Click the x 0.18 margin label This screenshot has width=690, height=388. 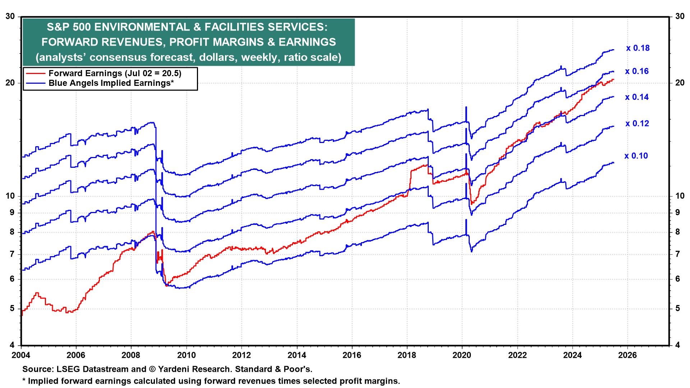point(638,48)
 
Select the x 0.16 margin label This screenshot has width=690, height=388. point(637,71)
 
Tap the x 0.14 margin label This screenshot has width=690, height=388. point(637,97)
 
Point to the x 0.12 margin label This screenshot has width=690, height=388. point(637,124)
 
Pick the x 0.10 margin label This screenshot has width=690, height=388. point(636,156)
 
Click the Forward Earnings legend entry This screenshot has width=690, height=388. point(115,73)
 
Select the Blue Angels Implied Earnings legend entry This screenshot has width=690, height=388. point(111,83)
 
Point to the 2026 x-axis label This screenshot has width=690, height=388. point(627,355)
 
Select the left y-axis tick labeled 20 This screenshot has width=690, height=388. point(11,83)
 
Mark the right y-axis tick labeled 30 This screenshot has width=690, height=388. point(679,16)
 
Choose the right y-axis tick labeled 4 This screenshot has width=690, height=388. point(677,345)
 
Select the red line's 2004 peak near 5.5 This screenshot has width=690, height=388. point(37,293)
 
